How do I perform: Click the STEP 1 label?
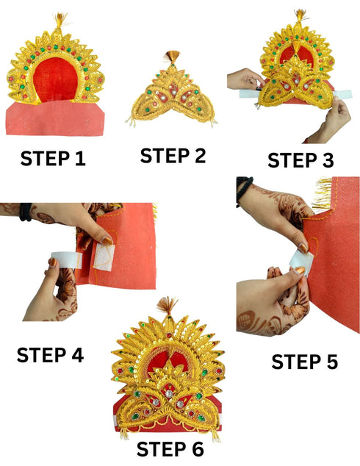pyautogui.click(x=52, y=158)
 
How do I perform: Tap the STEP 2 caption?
pyautogui.click(x=173, y=155)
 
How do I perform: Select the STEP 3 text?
pyautogui.click(x=300, y=159)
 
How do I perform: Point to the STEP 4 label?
pyautogui.click(x=50, y=355)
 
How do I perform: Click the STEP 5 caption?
pyautogui.click(x=305, y=361)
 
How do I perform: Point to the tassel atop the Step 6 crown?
pyautogui.click(x=168, y=307)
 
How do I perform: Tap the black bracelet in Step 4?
pyautogui.click(x=26, y=212)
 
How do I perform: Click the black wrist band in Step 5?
pyautogui.click(x=244, y=189)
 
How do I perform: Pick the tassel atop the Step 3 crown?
pyautogui.click(x=300, y=15)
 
